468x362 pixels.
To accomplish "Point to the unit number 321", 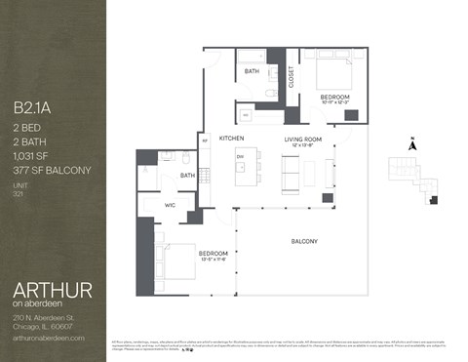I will pyautogui.click(x=18, y=195).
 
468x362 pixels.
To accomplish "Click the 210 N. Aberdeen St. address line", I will pyautogui.click(x=45, y=318).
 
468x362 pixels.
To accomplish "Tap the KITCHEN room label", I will pyautogui.click(x=231, y=138).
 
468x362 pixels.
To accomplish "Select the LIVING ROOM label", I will pyautogui.click(x=303, y=139).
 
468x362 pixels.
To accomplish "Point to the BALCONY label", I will pyautogui.click(x=306, y=241).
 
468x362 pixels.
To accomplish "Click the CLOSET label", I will pyautogui.click(x=292, y=77).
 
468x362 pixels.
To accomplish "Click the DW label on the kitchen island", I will pyautogui.click(x=240, y=155).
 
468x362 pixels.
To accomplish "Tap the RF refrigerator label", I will pyautogui.click(x=205, y=141).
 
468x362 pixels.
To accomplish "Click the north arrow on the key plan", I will pyautogui.click(x=412, y=144).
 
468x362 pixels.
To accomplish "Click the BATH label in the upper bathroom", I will pyautogui.click(x=252, y=71).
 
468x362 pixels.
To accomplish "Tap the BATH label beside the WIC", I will pyautogui.click(x=188, y=176).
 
